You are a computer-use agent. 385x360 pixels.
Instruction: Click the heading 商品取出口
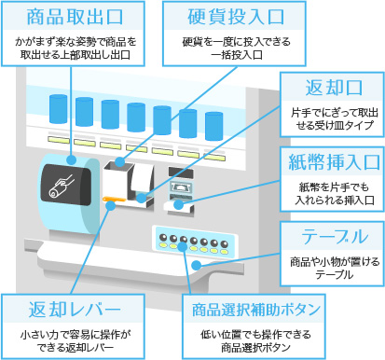pos(75,17)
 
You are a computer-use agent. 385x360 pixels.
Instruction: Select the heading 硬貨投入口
pos(236,17)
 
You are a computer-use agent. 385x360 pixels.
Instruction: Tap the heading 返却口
pos(334,88)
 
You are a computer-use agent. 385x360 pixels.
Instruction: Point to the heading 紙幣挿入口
pos(334,162)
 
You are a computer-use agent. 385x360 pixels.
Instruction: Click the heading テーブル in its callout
pos(335,237)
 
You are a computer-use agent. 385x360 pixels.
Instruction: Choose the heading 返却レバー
pos(75,310)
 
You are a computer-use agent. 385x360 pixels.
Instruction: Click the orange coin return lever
pos(115,199)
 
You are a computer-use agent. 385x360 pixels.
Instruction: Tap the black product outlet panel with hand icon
pos(66,185)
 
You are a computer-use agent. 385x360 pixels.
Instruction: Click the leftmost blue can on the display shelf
pos(59,109)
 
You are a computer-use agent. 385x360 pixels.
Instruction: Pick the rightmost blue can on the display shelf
pos(213,126)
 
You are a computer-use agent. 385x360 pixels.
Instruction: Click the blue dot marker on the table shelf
pos(197,265)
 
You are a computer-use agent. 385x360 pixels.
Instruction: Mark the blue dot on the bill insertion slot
pos(178,205)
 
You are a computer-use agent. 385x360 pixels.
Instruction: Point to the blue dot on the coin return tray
pos(142,198)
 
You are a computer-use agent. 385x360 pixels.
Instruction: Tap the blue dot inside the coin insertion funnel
pos(120,162)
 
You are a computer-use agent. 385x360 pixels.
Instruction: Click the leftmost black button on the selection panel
pos(163,238)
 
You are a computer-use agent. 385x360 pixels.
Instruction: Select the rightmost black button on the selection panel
pos(224,243)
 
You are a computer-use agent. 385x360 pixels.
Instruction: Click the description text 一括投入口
pos(237,55)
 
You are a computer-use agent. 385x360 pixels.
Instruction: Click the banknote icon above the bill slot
pos(180,187)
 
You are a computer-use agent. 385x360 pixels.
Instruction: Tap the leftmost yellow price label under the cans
pos(59,140)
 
